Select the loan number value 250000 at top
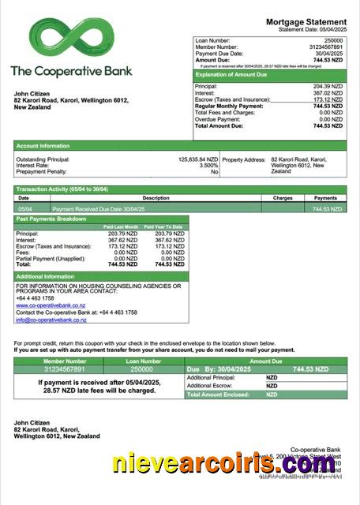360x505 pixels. [334, 39]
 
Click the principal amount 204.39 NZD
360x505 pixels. [328, 86]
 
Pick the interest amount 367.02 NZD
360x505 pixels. [328, 93]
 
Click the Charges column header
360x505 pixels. [283, 198]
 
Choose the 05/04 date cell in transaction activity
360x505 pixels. [24, 209]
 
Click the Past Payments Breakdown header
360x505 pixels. [51, 219]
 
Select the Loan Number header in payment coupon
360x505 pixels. [142, 361]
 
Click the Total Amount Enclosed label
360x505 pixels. [218, 395]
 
